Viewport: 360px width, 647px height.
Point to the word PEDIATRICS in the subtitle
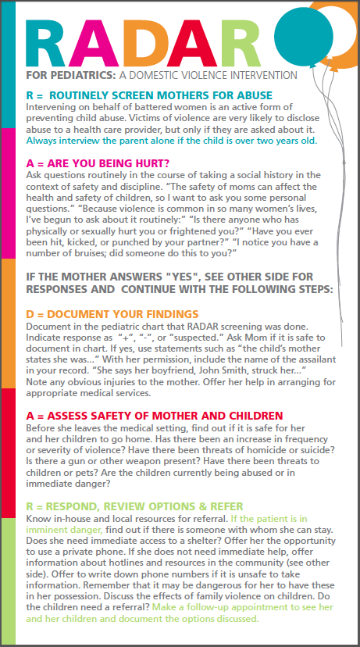pyautogui.click(x=86, y=76)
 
